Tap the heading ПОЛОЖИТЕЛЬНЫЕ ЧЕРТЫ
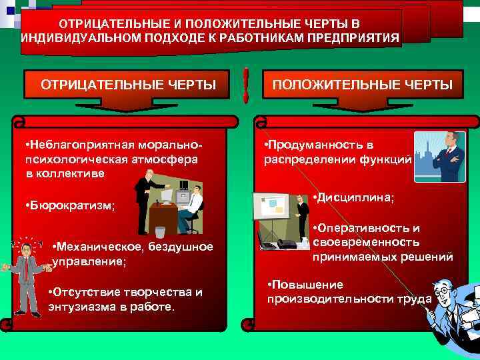click(363, 85)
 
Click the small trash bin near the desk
click(160, 232)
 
